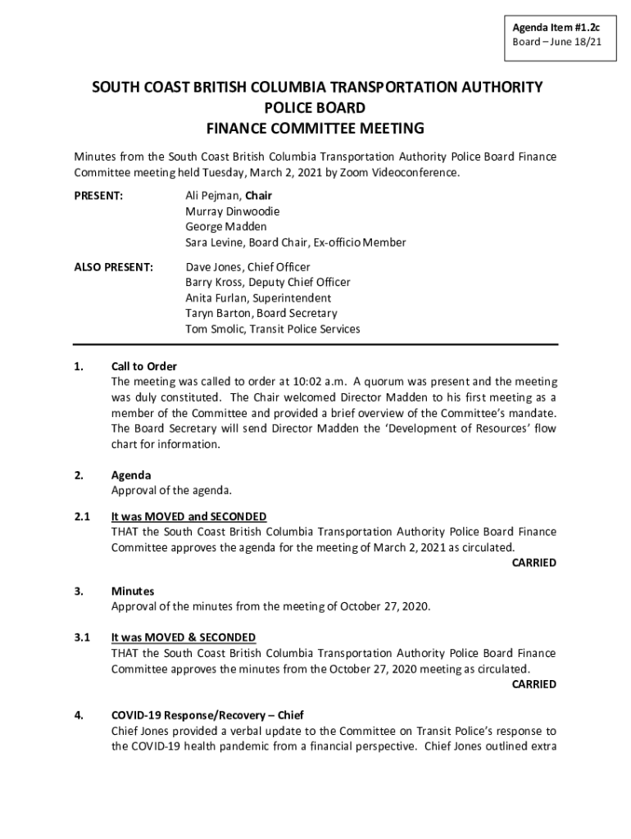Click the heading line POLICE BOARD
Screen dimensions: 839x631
(315, 107)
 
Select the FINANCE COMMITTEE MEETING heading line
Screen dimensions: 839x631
(315, 128)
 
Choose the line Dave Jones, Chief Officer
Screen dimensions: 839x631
(247, 267)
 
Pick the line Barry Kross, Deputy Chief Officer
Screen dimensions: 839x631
(268, 283)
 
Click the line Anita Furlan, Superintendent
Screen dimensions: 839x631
(258, 298)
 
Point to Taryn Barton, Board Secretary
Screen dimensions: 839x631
(261, 314)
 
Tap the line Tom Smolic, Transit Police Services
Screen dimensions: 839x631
(272, 329)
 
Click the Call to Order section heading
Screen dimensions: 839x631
(144, 366)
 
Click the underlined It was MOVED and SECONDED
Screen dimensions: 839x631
(188, 516)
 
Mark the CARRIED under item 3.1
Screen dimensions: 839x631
(533, 684)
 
